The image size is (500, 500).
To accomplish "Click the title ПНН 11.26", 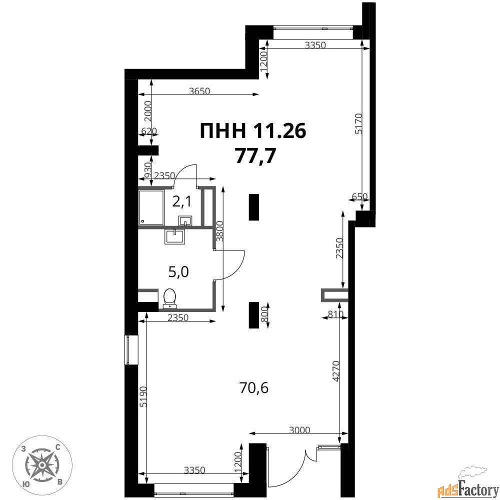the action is pos(253,131).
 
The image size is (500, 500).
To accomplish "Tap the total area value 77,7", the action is pos(255,156).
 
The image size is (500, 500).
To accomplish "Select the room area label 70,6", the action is pos(254,388).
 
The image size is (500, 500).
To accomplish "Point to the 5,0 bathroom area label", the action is pos(178,272).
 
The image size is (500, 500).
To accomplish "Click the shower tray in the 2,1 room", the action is pos(151,207).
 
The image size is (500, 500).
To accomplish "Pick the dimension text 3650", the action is pos(199,91).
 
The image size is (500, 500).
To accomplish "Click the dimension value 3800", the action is pos(219,231).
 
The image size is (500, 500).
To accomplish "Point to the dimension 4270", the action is pos(335,371).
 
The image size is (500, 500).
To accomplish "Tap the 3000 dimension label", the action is pos(299,430).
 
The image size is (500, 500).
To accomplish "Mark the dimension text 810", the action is pos(335,314).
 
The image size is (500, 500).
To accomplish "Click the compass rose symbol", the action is pos(42,465).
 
